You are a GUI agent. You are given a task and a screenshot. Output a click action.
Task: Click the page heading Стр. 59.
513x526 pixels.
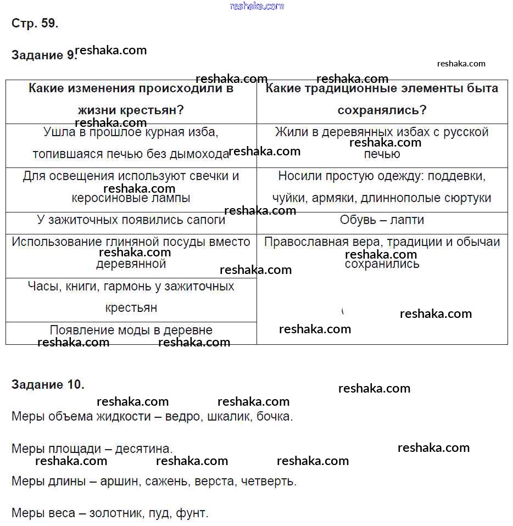(x=35, y=24)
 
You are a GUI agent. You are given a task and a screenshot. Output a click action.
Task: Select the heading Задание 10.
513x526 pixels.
(x=48, y=384)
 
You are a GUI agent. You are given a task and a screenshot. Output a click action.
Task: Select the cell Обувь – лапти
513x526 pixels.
(x=382, y=220)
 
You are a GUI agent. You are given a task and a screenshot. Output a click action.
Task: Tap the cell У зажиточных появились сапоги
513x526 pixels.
(x=131, y=220)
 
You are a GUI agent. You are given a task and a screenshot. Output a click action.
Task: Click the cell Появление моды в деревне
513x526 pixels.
(x=131, y=330)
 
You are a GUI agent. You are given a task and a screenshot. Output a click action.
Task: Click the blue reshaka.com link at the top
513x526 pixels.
(x=257, y=6)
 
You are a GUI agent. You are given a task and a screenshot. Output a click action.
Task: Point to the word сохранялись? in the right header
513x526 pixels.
(x=382, y=110)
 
